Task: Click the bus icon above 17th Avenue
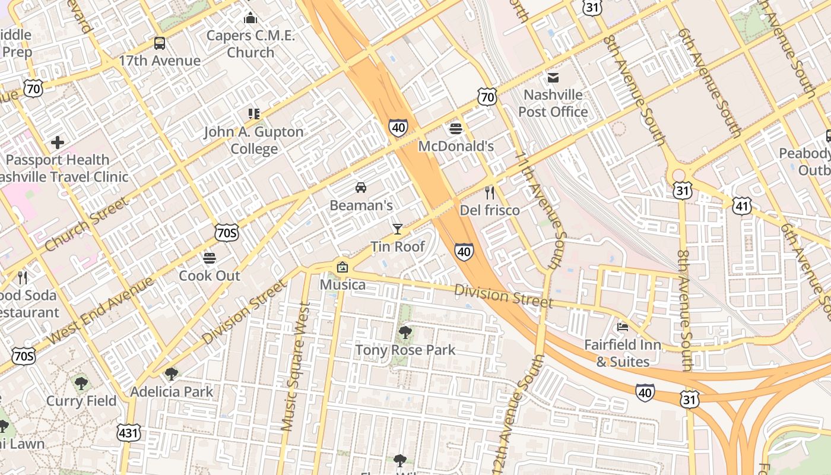click(x=159, y=43)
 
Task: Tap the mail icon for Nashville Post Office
click(x=553, y=77)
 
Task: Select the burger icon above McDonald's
click(x=456, y=128)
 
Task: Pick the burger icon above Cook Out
click(x=209, y=258)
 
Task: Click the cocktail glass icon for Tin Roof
click(x=397, y=229)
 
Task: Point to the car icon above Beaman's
click(x=360, y=188)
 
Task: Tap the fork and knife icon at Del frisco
click(x=490, y=192)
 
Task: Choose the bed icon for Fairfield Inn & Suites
click(x=622, y=327)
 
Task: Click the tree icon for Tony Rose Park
click(x=405, y=332)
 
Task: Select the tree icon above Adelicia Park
click(x=172, y=373)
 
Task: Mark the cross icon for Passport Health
click(x=58, y=142)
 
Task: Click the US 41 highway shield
click(x=742, y=205)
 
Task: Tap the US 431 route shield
click(x=129, y=432)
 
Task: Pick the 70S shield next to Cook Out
click(x=227, y=232)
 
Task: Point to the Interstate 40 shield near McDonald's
click(x=398, y=127)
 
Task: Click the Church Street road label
click(x=85, y=224)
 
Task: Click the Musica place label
click(x=342, y=284)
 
